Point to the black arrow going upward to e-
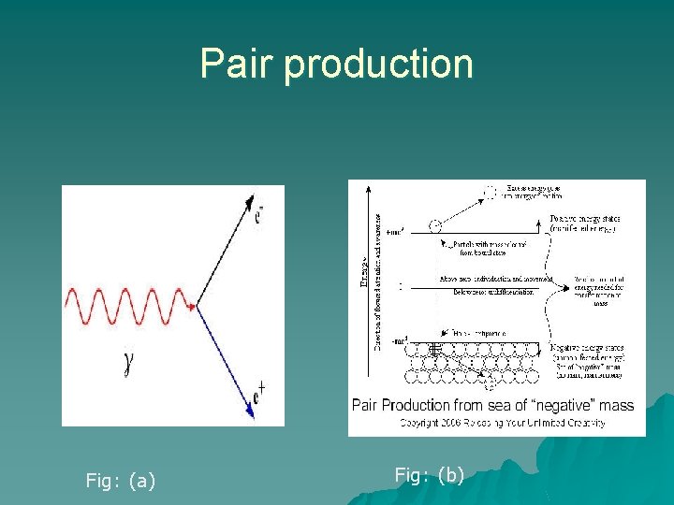pos(229,252)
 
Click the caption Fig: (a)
pos(121,481)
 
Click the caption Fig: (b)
pos(430,475)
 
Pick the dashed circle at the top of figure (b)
pos(489,193)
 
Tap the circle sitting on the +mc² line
pos(433,225)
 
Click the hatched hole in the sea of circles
pos(433,349)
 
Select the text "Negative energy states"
pos(588,348)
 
